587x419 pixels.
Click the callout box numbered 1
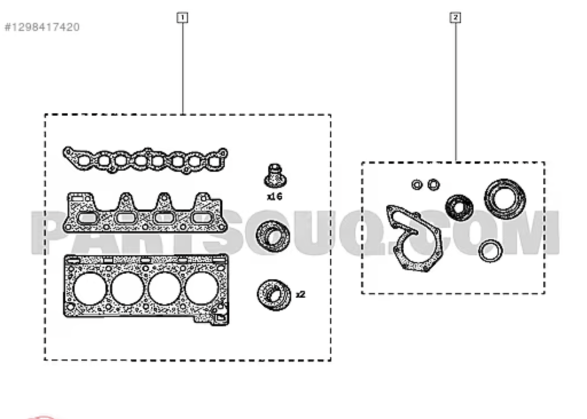pos(182,18)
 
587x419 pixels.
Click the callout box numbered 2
pos(455,18)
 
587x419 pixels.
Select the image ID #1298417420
pos(42,27)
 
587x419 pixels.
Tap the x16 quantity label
pos(275,196)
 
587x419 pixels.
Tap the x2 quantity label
pos(300,295)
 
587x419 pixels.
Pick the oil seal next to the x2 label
pos(273,295)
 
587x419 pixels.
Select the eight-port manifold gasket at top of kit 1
pos(145,161)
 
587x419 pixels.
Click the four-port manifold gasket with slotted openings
pos(144,213)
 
